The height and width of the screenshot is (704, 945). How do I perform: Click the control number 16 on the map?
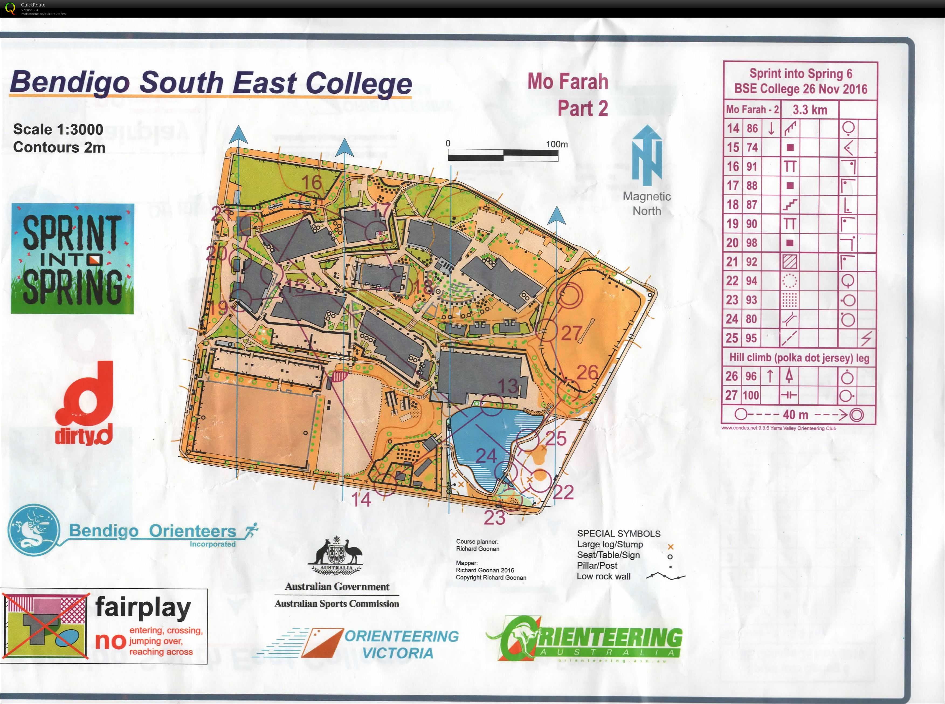pyautogui.click(x=311, y=182)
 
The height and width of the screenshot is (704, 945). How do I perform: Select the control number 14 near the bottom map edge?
pyautogui.click(x=361, y=499)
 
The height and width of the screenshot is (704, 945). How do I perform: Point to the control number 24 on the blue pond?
pyautogui.click(x=486, y=456)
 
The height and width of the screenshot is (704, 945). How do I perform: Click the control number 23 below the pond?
pyautogui.click(x=494, y=518)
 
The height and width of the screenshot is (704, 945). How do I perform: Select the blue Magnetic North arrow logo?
pyautogui.click(x=647, y=156)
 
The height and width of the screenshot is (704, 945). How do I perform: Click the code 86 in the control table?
pyautogui.click(x=752, y=128)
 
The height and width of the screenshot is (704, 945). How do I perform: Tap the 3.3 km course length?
pyautogui.click(x=809, y=110)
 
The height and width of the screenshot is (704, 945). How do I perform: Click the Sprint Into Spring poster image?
pyautogui.click(x=73, y=259)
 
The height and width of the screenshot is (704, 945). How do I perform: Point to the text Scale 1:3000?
pyautogui.click(x=58, y=129)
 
